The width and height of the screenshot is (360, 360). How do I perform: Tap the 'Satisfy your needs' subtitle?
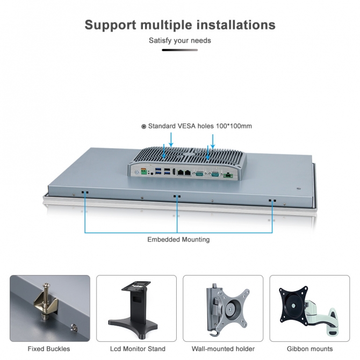click(x=180, y=40)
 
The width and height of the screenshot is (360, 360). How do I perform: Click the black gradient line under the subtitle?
click(x=180, y=50)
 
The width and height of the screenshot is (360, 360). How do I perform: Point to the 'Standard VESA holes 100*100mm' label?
click(x=197, y=126)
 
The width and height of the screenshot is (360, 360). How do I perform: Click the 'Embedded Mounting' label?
click(x=178, y=239)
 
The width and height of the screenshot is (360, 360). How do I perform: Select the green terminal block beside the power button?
click(x=144, y=172)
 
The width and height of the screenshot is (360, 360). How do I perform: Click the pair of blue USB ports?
click(x=168, y=172)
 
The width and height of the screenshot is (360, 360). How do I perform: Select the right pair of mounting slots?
click(x=272, y=201)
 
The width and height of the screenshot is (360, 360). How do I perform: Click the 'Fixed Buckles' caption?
click(x=49, y=349)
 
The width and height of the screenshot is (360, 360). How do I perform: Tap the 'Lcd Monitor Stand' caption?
click(x=138, y=349)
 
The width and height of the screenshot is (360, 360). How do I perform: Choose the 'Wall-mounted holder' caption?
click(x=224, y=349)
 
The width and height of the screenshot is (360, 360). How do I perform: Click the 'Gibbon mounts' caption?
click(x=309, y=349)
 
